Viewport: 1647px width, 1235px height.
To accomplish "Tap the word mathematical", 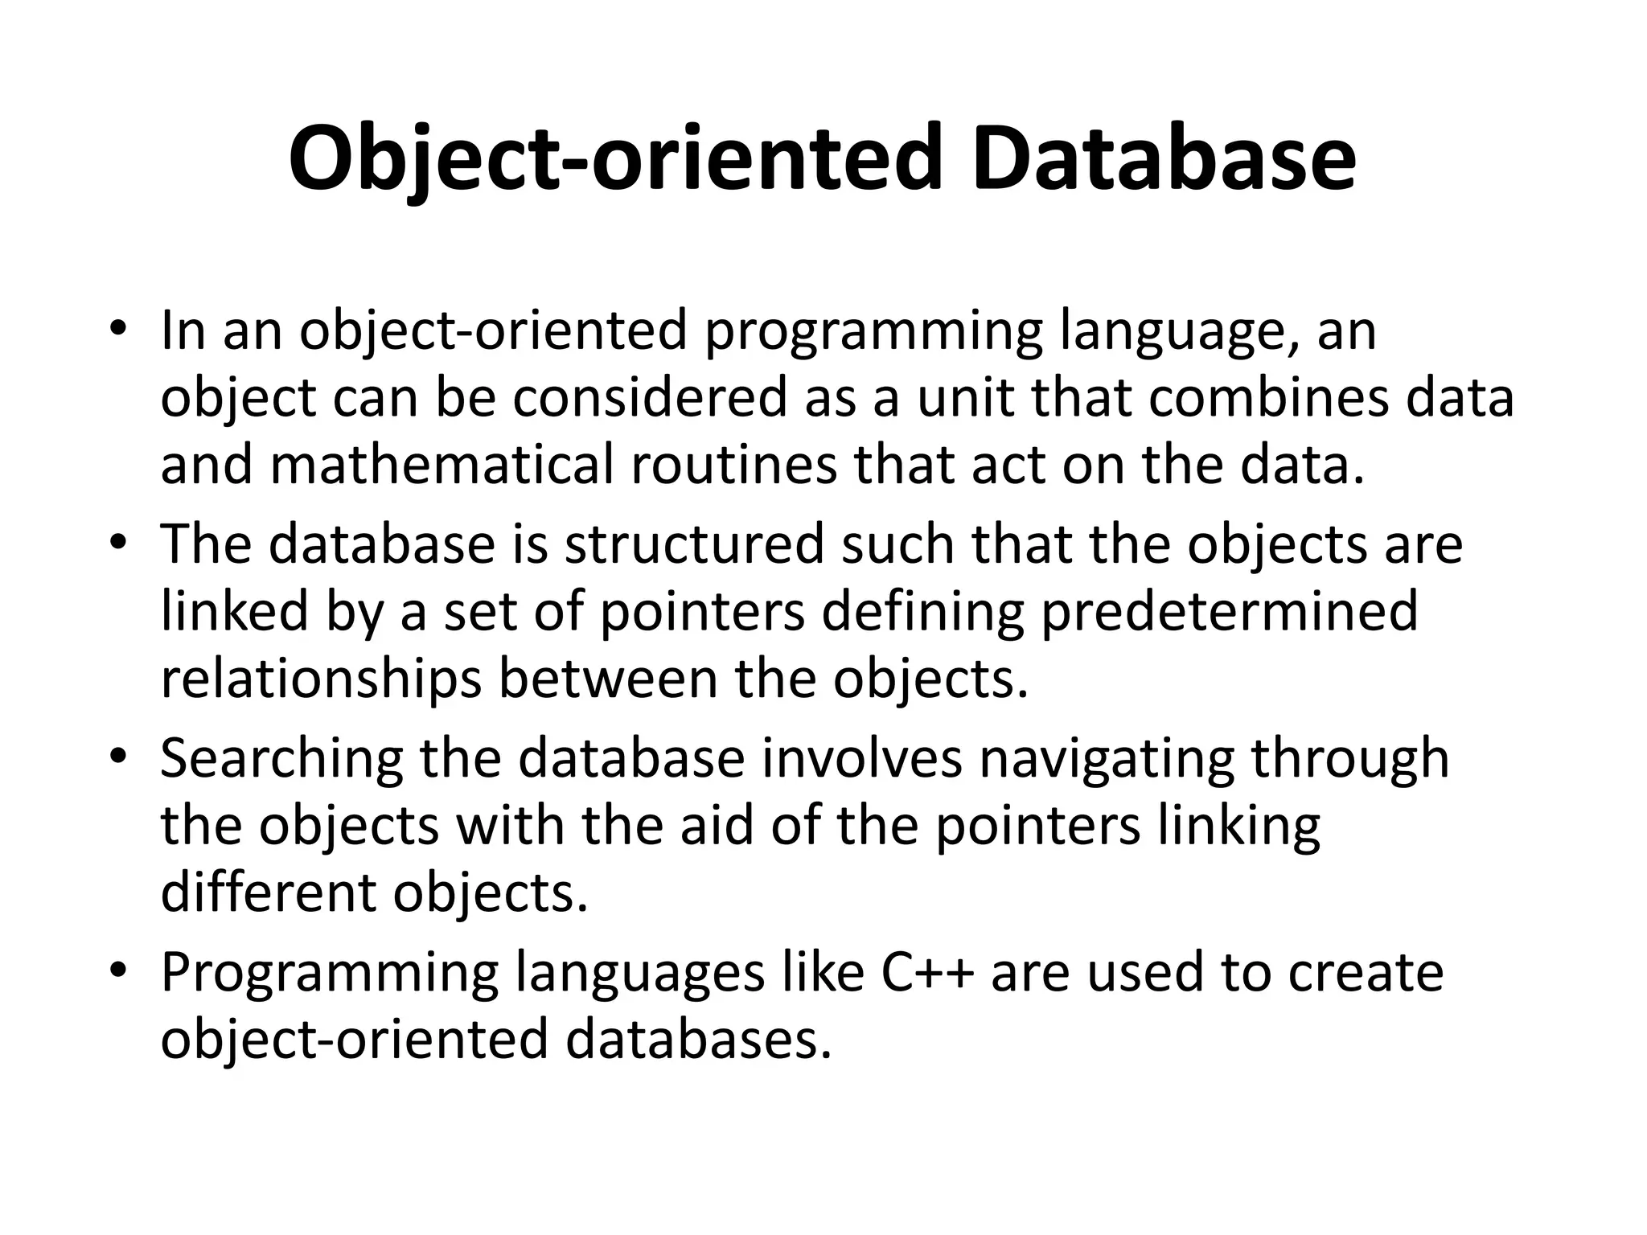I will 442,466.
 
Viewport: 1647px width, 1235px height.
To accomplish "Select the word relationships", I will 321,679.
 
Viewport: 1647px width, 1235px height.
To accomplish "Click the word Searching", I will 281,760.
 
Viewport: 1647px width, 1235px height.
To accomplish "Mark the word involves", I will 861,758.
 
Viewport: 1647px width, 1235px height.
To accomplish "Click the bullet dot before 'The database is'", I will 117,542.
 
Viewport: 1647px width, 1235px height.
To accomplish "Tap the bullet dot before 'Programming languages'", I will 117,970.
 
